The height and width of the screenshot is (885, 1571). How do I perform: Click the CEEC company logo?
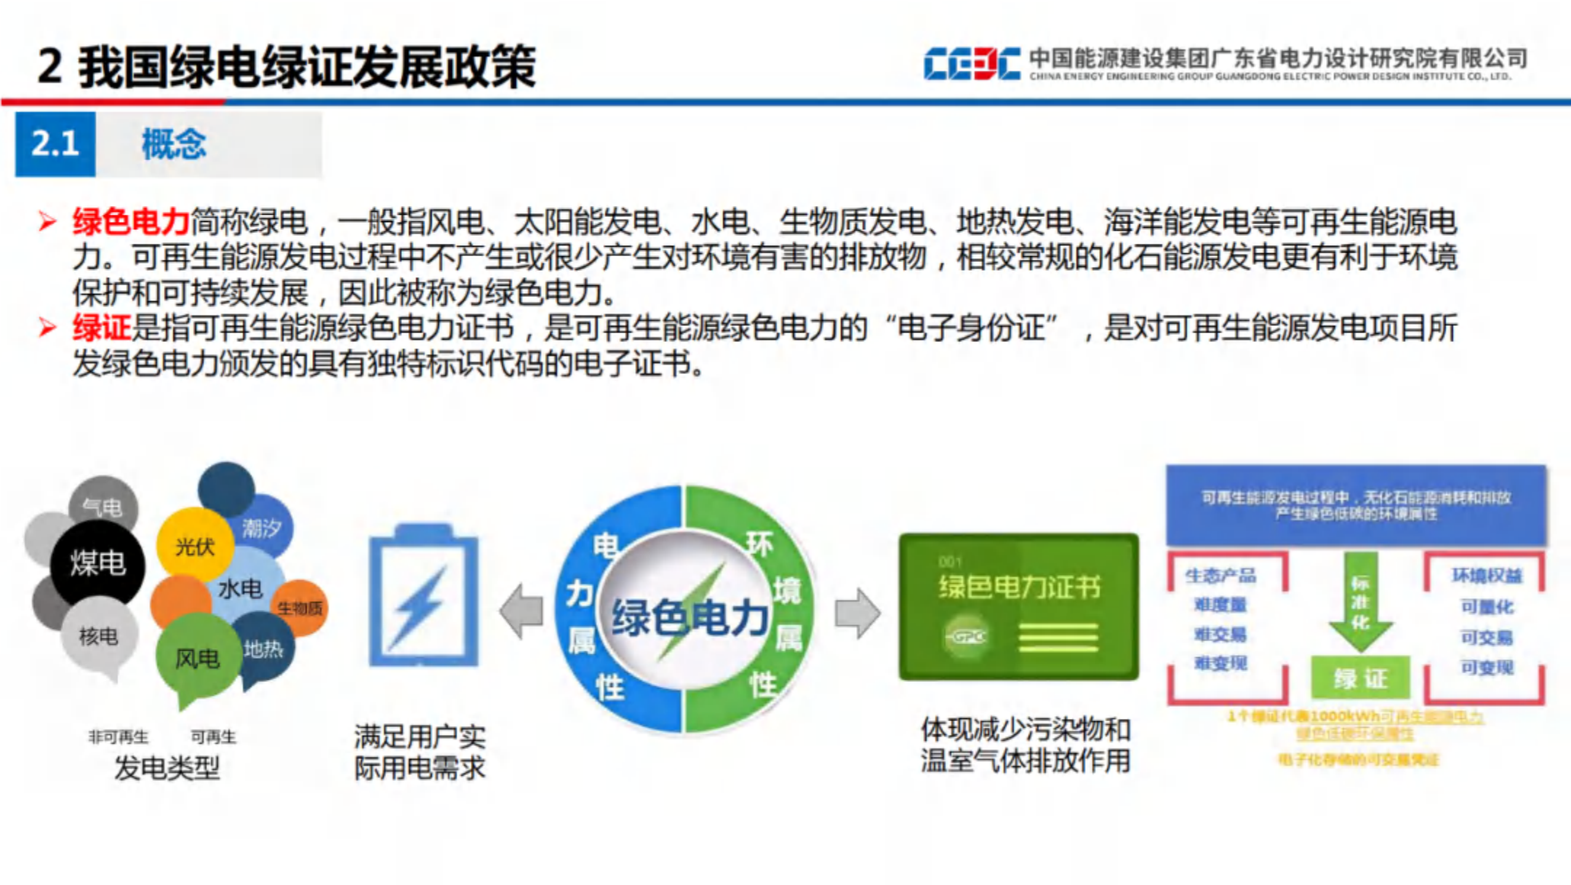point(972,64)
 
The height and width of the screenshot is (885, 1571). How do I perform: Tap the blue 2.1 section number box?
point(55,144)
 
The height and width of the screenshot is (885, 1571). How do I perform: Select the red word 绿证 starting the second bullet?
point(101,328)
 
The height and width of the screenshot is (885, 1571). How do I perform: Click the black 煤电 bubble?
point(97,563)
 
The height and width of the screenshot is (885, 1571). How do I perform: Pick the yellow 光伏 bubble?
point(194,545)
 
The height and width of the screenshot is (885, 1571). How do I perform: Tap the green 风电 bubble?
point(196,659)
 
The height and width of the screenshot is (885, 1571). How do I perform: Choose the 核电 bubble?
point(98,636)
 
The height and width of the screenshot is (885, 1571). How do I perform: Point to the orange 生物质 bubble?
point(300,608)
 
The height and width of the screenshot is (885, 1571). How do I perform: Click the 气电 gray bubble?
point(103,507)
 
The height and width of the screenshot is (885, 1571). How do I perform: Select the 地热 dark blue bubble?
point(263,648)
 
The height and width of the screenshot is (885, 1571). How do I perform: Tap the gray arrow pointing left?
point(521,612)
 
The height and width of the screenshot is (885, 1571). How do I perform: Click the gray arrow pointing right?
point(858,614)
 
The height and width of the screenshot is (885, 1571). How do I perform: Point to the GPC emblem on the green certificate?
point(969,637)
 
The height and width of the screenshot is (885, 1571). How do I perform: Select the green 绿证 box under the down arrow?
point(1360,678)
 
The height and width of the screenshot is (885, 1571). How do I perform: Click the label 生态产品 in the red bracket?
point(1220,576)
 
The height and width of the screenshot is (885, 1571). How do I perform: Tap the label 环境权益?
point(1487,576)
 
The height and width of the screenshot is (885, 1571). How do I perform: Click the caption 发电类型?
point(167,768)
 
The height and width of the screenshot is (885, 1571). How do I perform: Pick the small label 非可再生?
point(118,737)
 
